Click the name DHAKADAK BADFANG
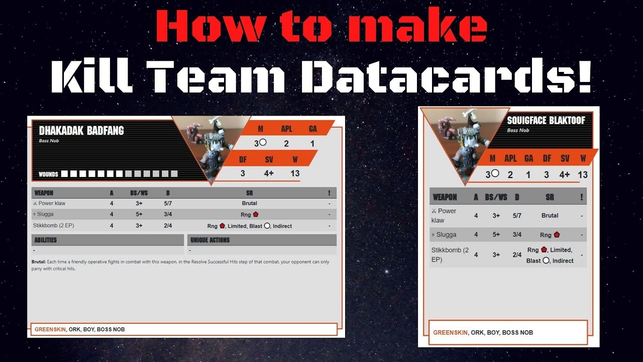pyautogui.click(x=81, y=131)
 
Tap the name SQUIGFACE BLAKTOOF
pyautogui.click(x=546, y=120)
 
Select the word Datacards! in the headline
pyautogui.click(x=447, y=77)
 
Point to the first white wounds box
pyautogui.click(x=65, y=174)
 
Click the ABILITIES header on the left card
pyautogui.click(x=45, y=240)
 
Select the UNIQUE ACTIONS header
pyautogui.click(x=210, y=240)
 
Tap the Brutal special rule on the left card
pyautogui.click(x=249, y=203)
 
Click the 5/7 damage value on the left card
pyautogui.click(x=168, y=204)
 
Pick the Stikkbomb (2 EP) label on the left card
pyautogui.click(x=53, y=226)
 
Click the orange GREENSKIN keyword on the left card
pyautogui.click(x=50, y=329)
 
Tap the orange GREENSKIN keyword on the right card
pyautogui.click(x=450, y=332)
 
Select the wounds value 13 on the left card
pyautogui.click(x=295, y=173)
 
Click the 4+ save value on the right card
pyautogui.click(x=564, y=174)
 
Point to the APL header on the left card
pyautogui.click(x=286, y=129)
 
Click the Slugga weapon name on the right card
pyautogui.click(x=446, y=235)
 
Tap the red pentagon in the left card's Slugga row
pyautogui.click(x=256, y=214)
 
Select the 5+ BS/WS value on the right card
pyautogui.click(x=496, y=235)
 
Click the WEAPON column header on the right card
pyautogui.click(x=445, y=198)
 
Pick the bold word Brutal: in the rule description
pyautogui.click(x=39, y=262)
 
